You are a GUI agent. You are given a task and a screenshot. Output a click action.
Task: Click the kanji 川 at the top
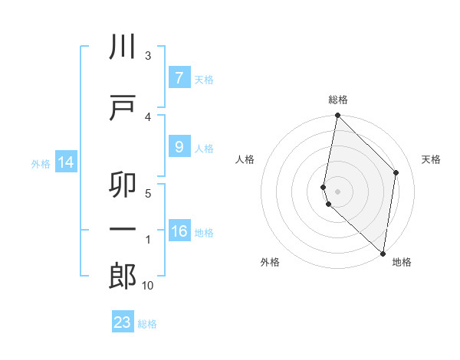(123, 48)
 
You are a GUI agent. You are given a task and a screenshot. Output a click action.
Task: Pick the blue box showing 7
(179, 78)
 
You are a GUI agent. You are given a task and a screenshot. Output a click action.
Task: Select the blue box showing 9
(179, 147)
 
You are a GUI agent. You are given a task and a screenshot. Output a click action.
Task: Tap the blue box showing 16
(179, 231)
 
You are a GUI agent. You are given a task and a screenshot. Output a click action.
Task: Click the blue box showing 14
(64, 162)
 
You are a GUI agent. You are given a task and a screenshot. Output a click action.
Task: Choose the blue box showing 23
(123, 322)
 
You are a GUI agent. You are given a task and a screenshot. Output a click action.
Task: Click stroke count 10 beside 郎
(148, 286)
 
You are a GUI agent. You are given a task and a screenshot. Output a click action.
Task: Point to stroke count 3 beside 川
(147, 56)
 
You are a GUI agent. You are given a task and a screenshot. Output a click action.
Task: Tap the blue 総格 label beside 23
(147, 324)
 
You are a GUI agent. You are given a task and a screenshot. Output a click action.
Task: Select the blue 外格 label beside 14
(40, 163)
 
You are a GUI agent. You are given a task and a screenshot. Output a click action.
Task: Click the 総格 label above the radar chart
(338, 100)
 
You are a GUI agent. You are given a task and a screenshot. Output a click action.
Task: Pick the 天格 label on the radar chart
(431, 159)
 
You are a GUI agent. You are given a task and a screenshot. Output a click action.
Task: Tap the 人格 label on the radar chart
(245, 159)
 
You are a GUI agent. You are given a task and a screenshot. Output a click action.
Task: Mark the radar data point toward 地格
(383, 254)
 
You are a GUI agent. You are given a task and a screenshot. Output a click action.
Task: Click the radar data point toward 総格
(337, 115)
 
